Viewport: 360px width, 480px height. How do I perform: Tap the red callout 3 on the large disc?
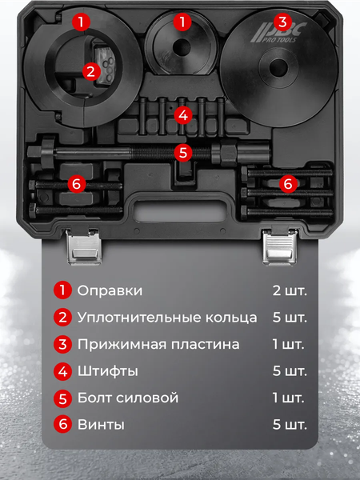coord(281,22)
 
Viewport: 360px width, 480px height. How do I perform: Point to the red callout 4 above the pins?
coord(183,115)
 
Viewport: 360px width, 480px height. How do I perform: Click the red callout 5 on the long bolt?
coord(183,150)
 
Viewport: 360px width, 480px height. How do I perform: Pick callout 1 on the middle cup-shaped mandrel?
coord(183,22)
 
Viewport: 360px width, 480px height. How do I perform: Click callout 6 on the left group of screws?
coord(76,184)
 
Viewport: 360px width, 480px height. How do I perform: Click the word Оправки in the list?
coord(110,290)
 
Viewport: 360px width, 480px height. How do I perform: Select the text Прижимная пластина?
coord(158,345)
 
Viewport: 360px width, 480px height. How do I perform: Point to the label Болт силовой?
coord(128,398)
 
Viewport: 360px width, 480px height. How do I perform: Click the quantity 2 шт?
coord(289,290)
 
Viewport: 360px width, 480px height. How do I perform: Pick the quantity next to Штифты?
coord(289,371)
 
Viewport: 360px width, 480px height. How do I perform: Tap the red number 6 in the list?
coord(62,425)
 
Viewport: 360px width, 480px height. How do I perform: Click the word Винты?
coord(101,425)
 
